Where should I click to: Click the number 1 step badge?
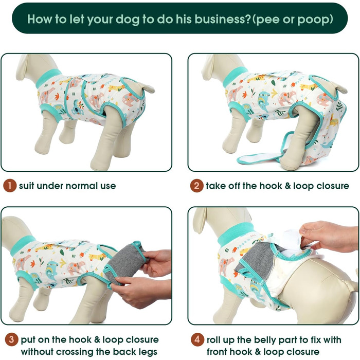pos(10,186)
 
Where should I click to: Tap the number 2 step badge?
pos(197,186)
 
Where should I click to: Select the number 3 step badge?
pos(11,339)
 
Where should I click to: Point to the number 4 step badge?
pos(197,339)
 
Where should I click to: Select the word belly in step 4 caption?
pos(272,340)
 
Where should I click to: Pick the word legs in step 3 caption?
pos(148,352)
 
